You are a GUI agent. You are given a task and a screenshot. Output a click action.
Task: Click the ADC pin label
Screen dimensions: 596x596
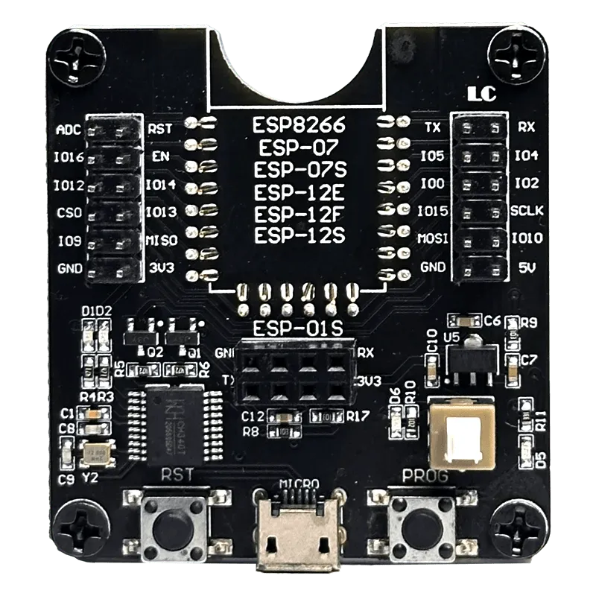pyautogui.click(x=69, y=130)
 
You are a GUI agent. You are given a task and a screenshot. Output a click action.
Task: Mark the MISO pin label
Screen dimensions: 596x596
pyautogui.click(x=161, y=240)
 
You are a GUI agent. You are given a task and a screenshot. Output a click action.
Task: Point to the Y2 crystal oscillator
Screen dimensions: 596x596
pyautogui.click(x=97, y=454)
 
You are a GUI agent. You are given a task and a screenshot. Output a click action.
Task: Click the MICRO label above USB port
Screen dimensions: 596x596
pyautogui.click(x=299, y=484)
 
